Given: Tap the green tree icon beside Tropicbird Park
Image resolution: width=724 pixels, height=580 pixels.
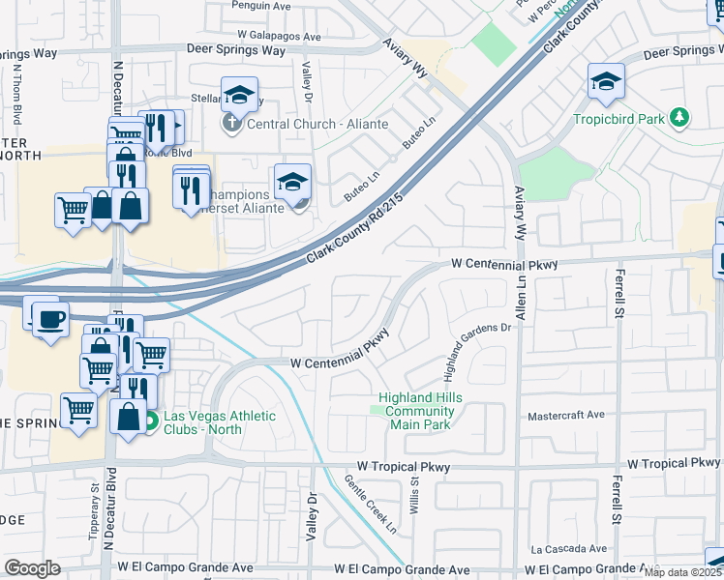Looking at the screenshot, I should (681, 118).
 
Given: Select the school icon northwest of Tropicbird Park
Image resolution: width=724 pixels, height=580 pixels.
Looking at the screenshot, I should (605, 81).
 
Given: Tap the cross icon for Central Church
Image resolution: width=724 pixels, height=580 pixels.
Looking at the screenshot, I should (230, 123).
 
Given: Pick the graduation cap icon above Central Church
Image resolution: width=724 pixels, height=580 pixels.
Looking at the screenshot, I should (239, 95).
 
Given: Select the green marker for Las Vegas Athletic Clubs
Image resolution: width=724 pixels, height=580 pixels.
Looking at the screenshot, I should (151, 421).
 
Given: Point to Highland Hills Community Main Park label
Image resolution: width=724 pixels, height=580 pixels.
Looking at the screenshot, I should (420, 411).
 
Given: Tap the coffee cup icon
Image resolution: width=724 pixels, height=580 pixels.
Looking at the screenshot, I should (50, 317).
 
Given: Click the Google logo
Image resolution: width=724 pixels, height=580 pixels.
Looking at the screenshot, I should (32, 568).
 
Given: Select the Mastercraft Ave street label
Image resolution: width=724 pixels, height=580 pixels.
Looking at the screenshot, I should (566, 415).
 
